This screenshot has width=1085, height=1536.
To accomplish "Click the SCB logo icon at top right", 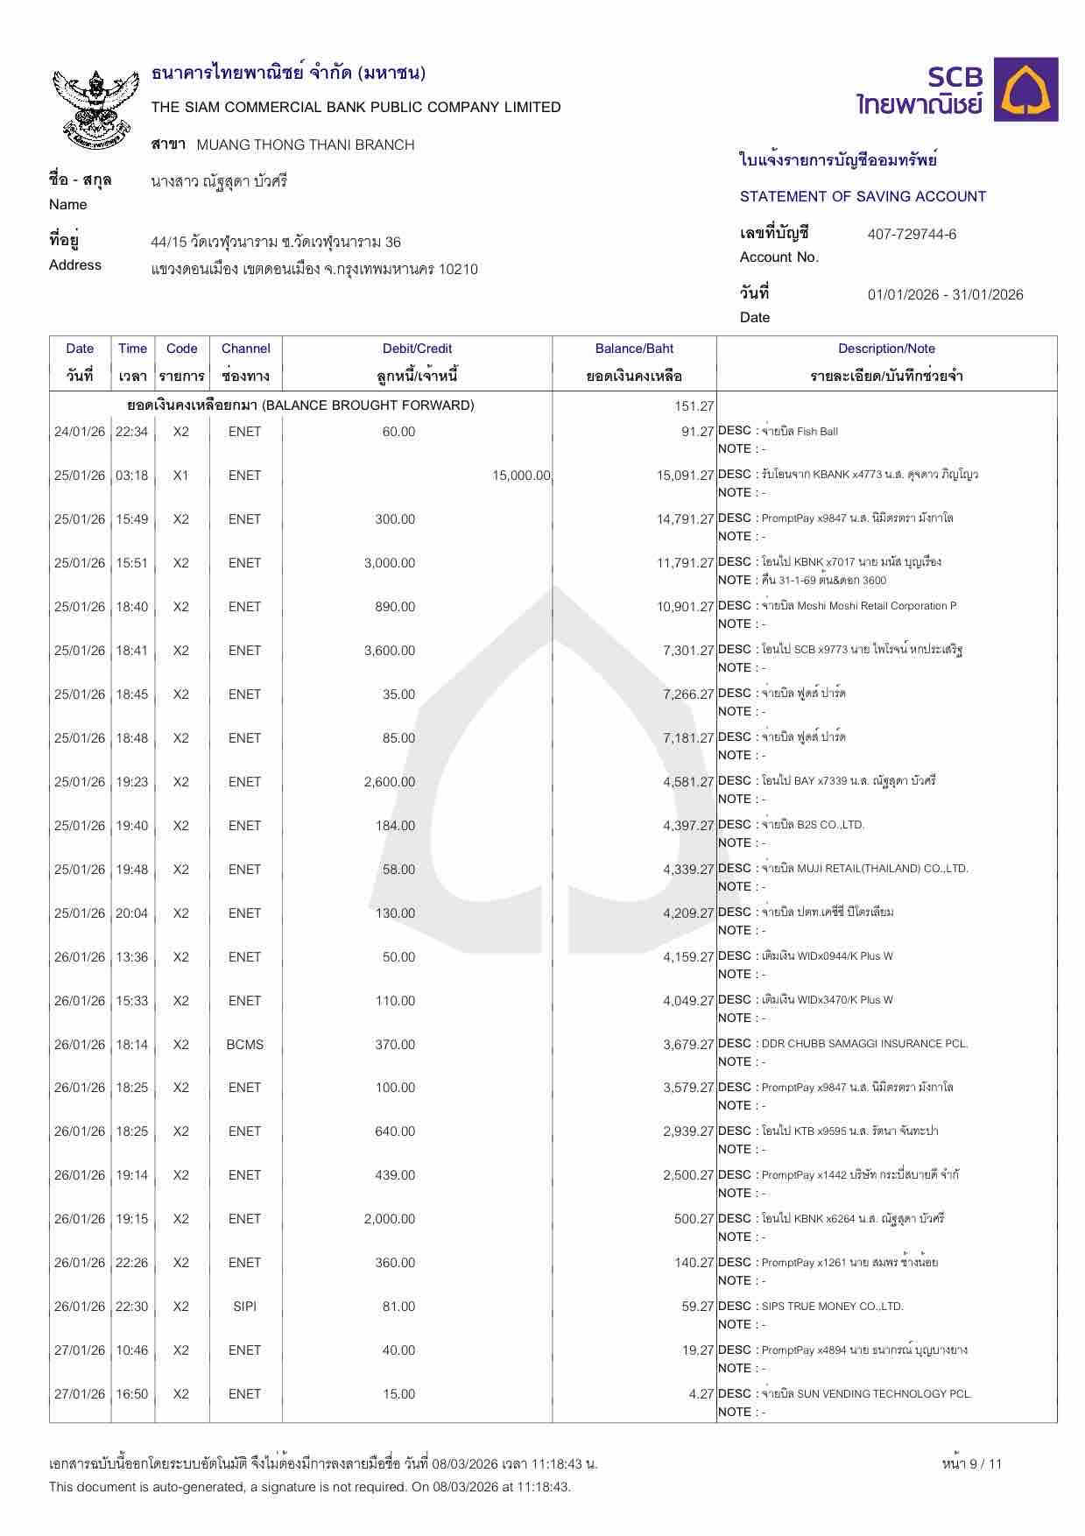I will click(1030, 89).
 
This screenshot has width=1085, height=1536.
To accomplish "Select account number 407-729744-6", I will click(912, 234).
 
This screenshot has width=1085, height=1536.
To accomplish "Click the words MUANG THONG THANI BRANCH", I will click(306, 144).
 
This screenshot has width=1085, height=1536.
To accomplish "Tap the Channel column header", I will click(245, 349).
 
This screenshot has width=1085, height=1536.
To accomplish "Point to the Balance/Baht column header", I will click(634, 349).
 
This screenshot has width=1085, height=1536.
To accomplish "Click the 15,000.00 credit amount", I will click(521, 476).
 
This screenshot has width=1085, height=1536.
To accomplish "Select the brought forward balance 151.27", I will click(694, 406).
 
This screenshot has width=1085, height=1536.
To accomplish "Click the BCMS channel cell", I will click(245, 1045).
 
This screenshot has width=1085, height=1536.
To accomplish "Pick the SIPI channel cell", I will click(245, 1307).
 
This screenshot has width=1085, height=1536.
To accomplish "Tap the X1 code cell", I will click(180, 476).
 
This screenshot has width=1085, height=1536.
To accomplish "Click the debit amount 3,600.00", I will click(390, 651).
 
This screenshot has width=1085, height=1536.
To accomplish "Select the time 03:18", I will click(132, 476).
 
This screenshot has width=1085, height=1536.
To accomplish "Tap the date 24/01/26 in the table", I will click(80, 432).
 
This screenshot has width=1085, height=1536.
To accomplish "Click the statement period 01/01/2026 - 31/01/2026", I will click(945, 294).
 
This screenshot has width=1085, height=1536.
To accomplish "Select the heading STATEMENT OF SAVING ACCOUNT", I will click(863, 196).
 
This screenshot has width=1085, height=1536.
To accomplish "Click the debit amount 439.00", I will click(395, 1175).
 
